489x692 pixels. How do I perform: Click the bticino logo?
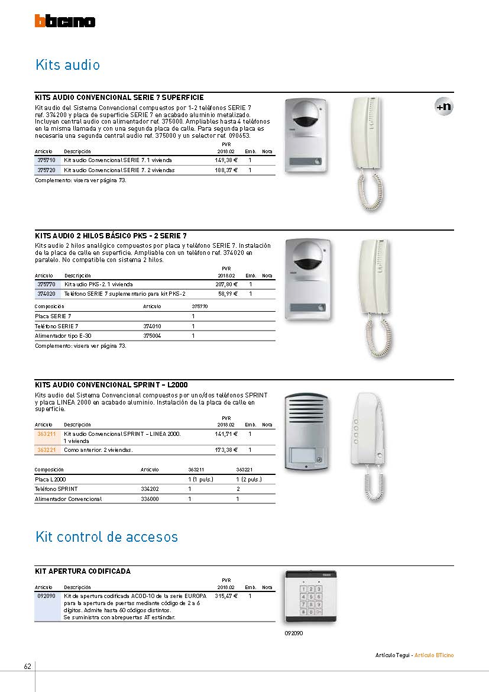point(64,21)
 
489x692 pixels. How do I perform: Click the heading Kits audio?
point(67,64)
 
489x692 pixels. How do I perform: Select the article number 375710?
point(46,160)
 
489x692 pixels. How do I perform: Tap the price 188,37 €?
point(226,170)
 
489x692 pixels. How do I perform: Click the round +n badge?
point(443,106)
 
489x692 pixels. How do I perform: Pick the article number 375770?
point(46,284)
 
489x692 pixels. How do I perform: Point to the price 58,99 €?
point(228,294)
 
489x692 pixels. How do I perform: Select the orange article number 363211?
point(46,434)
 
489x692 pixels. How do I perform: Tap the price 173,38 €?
point(226,450)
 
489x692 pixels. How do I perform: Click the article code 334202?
point(150,489)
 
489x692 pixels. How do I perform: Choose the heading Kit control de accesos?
point(106,537)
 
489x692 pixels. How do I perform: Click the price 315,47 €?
point(226,596)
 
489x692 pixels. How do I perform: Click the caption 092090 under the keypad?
point(293,633)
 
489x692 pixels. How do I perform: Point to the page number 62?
point(27,667)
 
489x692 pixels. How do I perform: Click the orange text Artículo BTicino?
point(434,655)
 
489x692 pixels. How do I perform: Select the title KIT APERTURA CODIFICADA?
point(83,571)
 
